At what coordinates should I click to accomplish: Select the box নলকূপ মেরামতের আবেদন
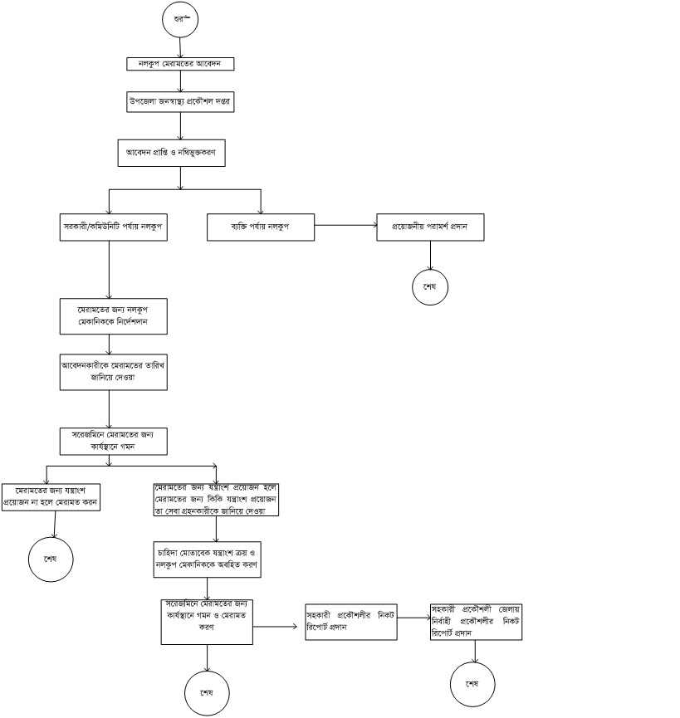point(180,64)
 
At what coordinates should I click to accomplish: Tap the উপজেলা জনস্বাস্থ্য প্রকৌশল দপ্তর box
point(180,100)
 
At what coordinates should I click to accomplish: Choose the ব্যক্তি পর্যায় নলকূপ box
point(260,227)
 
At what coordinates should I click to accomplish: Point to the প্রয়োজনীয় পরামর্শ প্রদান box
point(430,227)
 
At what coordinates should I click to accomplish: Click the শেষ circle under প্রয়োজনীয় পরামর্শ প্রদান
point(429,287)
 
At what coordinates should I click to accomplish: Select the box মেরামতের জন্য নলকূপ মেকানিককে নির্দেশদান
point(115,315)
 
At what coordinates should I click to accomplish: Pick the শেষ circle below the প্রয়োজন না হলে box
point(51,557)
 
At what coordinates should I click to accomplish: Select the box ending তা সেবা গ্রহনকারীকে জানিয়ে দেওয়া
point(215,500)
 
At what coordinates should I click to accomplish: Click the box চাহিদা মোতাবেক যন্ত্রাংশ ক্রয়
point(207,560)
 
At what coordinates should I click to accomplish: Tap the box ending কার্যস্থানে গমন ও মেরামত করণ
point(207,621)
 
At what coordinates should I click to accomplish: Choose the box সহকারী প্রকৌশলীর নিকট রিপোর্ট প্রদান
point(350,622)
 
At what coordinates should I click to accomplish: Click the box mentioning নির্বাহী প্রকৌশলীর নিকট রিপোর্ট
point(477,621)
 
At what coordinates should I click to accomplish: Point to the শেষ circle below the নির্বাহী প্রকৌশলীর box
point(472,684)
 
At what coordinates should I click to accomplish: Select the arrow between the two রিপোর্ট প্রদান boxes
point(413,617)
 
